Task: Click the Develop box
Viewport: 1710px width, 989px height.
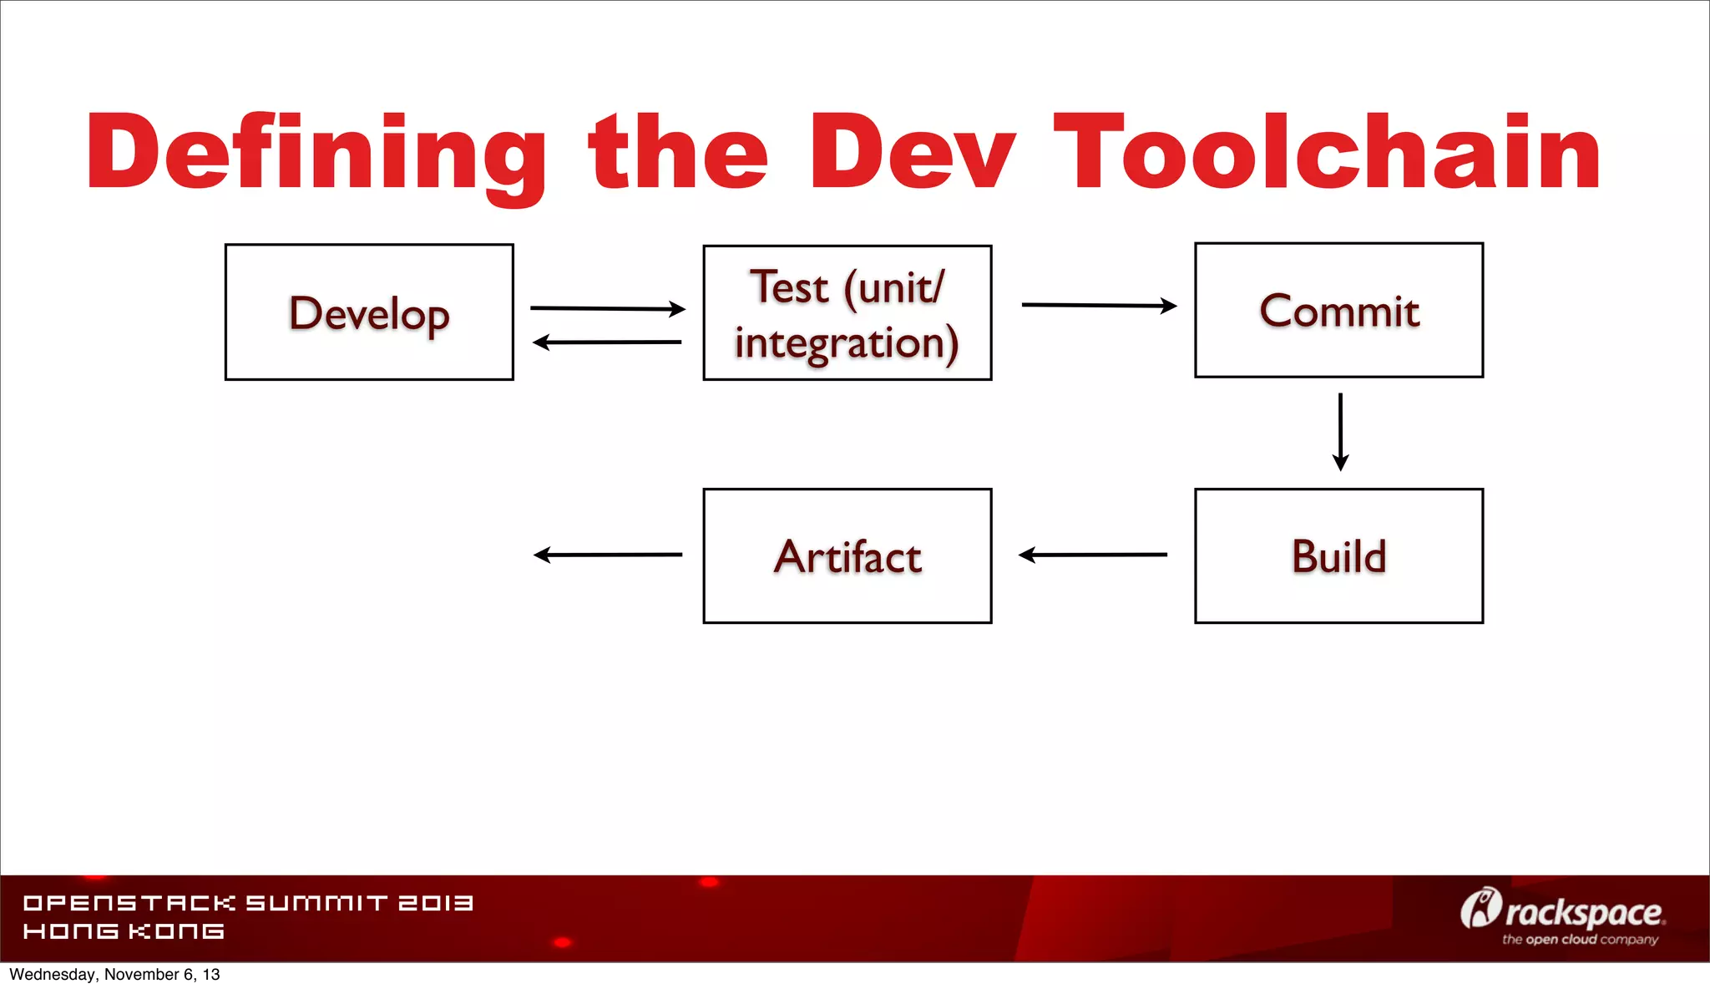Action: (369, 312)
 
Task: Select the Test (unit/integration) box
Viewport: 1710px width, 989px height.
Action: (847, 313)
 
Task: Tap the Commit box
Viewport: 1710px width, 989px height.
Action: (1338, 311)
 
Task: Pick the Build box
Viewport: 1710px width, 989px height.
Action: (1338, 556)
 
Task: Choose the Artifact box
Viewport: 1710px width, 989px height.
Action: (847, 556)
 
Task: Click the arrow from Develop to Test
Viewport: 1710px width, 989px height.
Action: (608, 308)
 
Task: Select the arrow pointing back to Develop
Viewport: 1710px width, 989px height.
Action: (607, 342)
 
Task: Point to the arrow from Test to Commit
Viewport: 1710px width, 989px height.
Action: (1099, 306)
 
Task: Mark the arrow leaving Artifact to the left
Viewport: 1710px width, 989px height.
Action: (608, 555)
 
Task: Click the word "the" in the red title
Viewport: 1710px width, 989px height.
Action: (677, 152)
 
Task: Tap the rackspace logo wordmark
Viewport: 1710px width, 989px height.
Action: (1582, 913)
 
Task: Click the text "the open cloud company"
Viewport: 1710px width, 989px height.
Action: (1580, 940)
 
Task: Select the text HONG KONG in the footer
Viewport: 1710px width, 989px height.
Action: (124, 931)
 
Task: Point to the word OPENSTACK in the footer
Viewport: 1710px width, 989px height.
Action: (129, 903)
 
